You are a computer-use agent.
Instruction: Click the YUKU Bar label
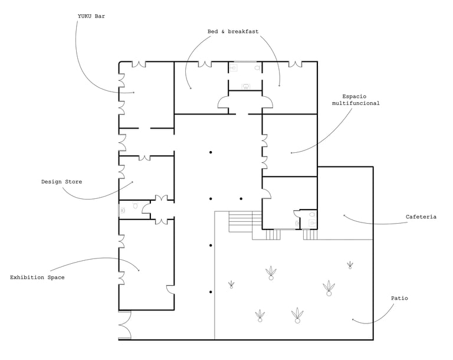coord(91,17)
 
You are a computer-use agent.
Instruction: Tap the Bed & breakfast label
coord(233,31)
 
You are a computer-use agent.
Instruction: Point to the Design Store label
coord(61,182)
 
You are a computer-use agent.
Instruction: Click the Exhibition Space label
coord(37,277)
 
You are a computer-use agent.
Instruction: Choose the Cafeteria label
coord(421,217)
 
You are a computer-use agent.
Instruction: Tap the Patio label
coord(399,299)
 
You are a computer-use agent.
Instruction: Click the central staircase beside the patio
coord(241,221)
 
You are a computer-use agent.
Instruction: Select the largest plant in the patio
coord(329,288)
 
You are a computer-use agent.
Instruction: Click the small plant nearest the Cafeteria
coord(350,265)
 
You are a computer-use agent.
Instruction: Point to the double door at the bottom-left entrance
coord(124,326)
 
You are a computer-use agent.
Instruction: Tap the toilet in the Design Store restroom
coord(136,206)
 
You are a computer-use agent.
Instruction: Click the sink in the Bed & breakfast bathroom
coord(246,86)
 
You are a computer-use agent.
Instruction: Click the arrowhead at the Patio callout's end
coord(353,320)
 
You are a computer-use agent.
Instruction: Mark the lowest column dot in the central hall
coord(211,292)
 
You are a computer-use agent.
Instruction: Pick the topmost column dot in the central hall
coord(211,153)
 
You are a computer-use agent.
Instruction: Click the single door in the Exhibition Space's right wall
coord(170,290)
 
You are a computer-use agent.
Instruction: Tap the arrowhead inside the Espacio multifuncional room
coord(291,153)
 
